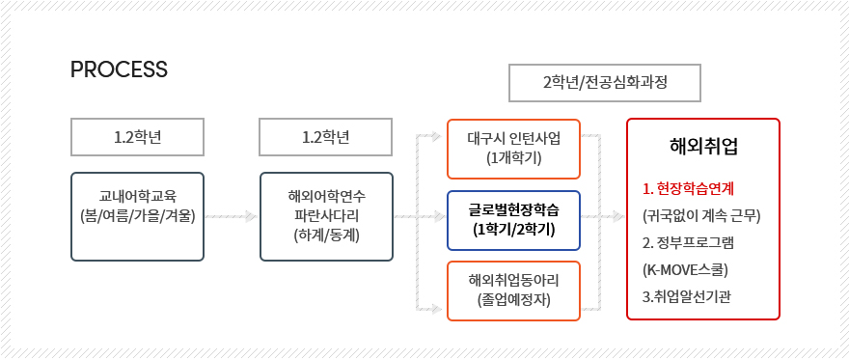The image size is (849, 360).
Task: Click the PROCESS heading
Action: [120, 69]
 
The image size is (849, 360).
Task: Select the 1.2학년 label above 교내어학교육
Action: [138, 136]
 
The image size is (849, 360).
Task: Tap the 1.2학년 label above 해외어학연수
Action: [326, 136]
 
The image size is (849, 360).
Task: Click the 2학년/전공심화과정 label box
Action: [605, 82]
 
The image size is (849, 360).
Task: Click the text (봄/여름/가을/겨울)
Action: [138, 215]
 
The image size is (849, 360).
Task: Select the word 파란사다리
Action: [326, 215]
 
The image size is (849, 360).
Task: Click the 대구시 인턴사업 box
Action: [513, 149]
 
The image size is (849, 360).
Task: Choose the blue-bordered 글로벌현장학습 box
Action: [513, 220]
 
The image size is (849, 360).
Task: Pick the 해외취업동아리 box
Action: [513, 291]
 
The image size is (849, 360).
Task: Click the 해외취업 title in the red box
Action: [703, 147]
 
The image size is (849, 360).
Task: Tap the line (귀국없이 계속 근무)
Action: [702, 215]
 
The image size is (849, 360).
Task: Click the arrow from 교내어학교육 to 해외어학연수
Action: [232, 216]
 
